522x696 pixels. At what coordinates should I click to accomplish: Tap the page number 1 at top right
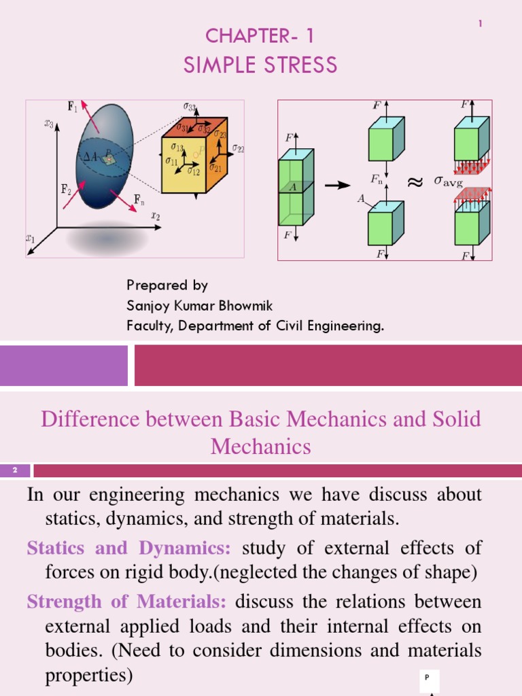coord(480,24)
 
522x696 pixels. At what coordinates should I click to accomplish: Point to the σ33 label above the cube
coord(190,107)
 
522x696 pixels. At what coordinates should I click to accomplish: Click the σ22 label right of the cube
coord(238,147)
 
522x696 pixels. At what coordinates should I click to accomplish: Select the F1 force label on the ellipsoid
coord(71,106)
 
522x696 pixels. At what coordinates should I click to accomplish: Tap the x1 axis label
coord(30,239)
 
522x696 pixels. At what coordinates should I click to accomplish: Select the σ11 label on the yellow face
coord(172,161)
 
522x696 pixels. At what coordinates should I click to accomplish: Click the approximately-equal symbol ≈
coord(414,181)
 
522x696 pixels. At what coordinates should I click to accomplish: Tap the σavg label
coord(448,183)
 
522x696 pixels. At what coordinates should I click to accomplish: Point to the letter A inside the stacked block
coord(293,186)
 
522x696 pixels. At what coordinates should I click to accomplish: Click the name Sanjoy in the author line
coord(147,306)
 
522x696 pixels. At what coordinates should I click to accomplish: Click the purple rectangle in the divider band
coord(64,365)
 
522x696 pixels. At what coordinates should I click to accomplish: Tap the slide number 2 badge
coord(14,470)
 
